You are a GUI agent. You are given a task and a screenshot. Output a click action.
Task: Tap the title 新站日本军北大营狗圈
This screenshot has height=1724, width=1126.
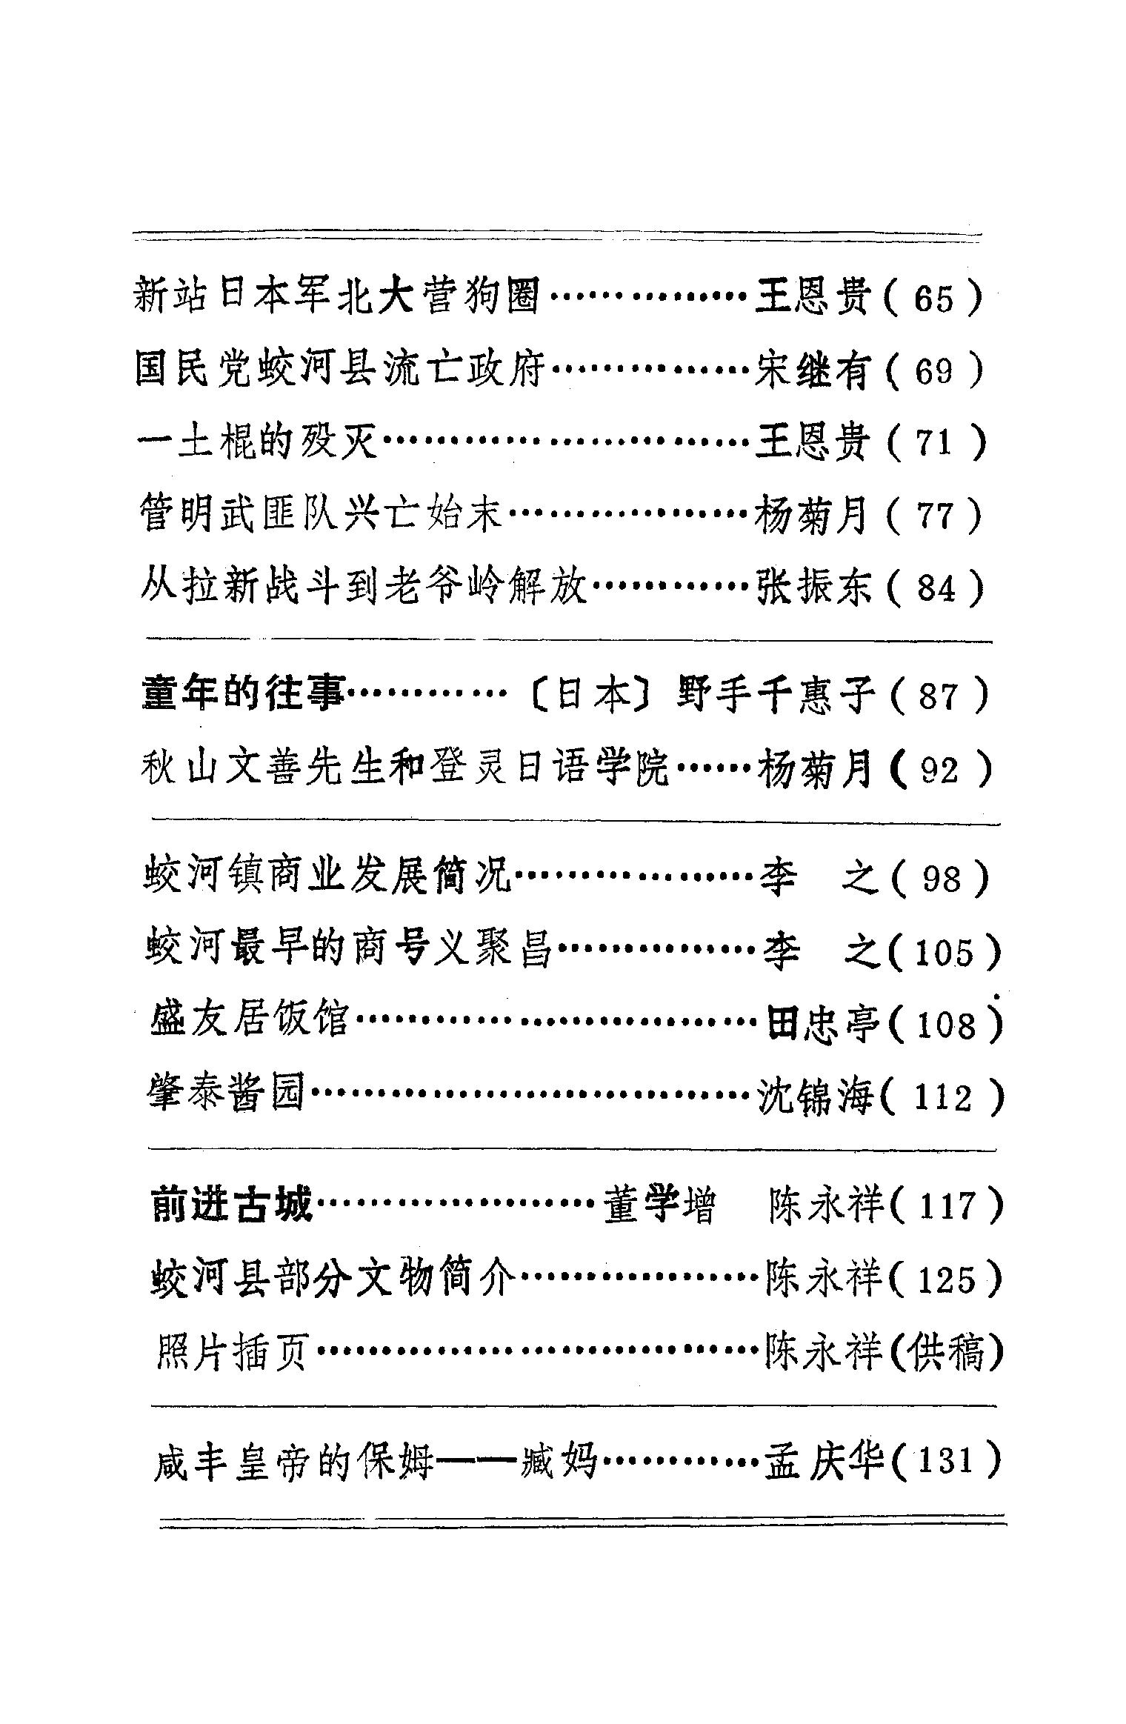337,296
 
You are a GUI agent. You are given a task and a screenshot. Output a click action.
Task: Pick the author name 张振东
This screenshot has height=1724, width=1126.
813,588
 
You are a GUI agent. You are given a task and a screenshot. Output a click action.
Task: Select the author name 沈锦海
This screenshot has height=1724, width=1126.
816,1097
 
